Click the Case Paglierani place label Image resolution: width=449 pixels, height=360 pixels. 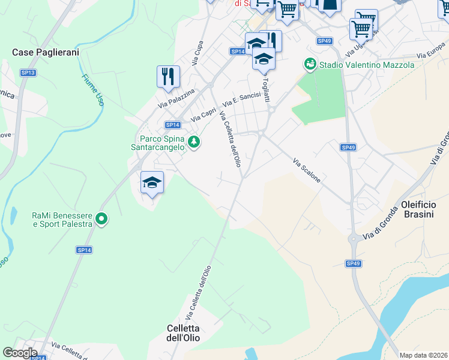(x=46, y=53)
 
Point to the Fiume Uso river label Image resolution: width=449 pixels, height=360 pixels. (x=92, y=90)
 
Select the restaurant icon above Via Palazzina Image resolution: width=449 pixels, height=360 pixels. (x=168, y=76)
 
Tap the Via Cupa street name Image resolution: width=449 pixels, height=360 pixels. (x=196, y=53)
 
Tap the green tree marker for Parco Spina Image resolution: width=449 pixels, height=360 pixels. (x=194, y=142)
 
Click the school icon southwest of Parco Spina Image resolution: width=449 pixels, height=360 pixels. (x=152, y=182)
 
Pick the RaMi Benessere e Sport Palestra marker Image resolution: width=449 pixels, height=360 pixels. (x=101, y=220)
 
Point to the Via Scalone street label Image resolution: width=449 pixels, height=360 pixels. (x=307, y=170)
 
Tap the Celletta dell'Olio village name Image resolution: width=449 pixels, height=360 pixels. (x=182, y=333)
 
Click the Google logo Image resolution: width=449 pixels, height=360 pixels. (x=20, y=353)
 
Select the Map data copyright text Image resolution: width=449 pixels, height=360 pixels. (x=423, y=355)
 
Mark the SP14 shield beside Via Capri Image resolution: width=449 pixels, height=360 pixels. (x=172, y=125)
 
